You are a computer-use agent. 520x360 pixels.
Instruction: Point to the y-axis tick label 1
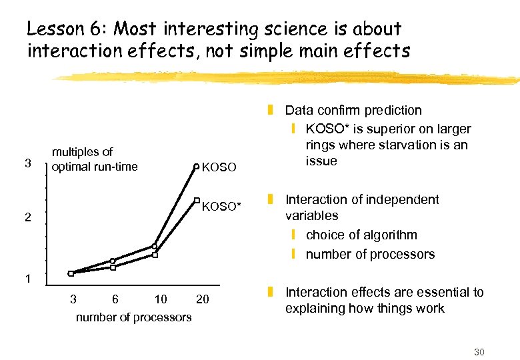point(27,279)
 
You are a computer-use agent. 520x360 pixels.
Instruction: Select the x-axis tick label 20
point(202,299)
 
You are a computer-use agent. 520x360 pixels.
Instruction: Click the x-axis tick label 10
point(160,299)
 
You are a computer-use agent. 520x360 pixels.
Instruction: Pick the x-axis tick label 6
point(115,299)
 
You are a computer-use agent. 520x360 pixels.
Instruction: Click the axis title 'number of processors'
point(133,317)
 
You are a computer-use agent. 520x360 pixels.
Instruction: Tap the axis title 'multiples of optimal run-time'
point(95,159)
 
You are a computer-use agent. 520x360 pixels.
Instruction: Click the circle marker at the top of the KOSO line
point(196,166)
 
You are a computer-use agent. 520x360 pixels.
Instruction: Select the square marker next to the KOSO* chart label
point(197,199)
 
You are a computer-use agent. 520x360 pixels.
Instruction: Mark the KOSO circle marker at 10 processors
point(154,246)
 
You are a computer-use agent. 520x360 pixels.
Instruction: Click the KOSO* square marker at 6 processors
point(113,267)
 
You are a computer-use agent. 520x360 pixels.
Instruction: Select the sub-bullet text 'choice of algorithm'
point(361,235)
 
